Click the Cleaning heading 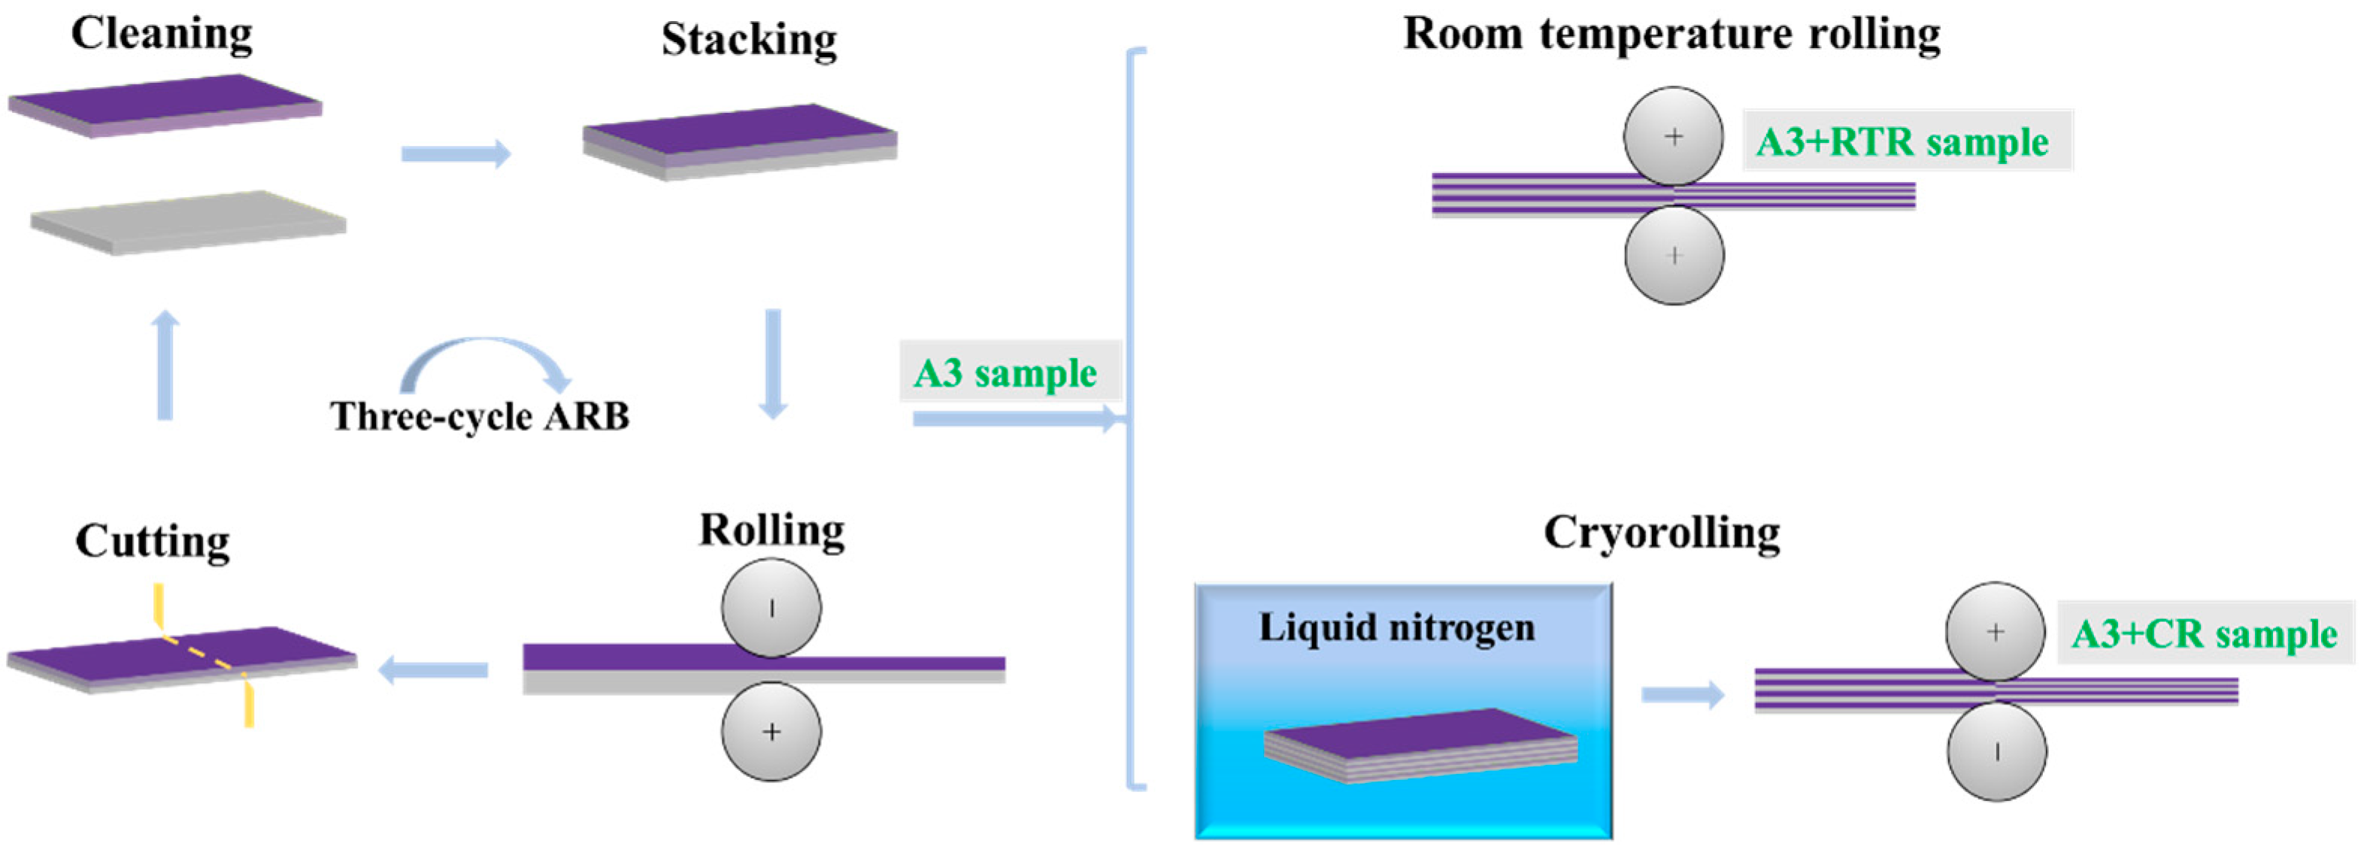point(162,34)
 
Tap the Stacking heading point(749,40)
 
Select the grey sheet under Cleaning point(189,222)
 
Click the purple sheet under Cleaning point(165,104)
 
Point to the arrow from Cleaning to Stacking point(455,153)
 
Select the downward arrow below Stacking point(773,364)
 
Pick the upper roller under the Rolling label point(771,608)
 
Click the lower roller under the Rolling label point(771,732)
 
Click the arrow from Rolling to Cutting point(433,669)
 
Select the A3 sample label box point(1008,372)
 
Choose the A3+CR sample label point(2203,633)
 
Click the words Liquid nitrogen point(1396,628)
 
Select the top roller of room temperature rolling point(1673,137)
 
